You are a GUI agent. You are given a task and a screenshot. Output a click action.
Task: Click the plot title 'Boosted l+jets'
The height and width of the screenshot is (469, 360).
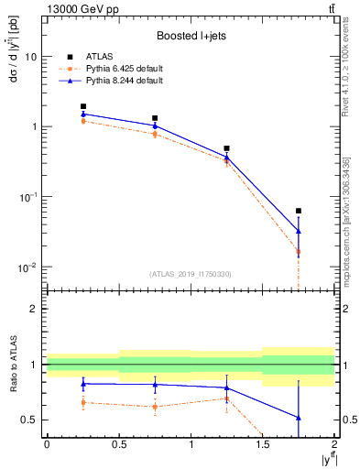click(191, 36)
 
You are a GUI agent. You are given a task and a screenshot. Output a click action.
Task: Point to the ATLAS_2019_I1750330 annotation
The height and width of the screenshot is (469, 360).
click(191, 274)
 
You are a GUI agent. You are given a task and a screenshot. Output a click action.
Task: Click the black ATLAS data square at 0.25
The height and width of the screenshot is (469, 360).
click(83, 106)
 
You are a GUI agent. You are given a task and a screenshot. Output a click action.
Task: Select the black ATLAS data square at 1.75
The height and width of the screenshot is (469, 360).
click(299, 211)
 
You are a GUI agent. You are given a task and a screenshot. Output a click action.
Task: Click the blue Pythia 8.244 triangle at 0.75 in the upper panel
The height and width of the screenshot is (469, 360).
click(155, 125)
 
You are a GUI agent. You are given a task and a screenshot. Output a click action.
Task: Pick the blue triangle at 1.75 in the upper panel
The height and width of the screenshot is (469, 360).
click(299, 231)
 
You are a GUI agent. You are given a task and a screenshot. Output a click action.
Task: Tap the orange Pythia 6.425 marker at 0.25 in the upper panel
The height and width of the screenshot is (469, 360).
click(83, 121)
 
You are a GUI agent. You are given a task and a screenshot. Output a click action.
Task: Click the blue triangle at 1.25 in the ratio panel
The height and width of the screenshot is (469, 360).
click(226, 387)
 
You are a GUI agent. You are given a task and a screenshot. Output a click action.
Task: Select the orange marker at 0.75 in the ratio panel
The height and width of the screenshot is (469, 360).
click(155, 407)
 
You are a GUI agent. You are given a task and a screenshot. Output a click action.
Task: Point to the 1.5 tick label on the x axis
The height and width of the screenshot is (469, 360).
click(263, 443)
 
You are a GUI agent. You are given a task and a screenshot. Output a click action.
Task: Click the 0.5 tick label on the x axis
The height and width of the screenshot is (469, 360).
click(119, 443)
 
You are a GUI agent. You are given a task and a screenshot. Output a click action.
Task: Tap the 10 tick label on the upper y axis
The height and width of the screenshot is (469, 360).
click(31, 57)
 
